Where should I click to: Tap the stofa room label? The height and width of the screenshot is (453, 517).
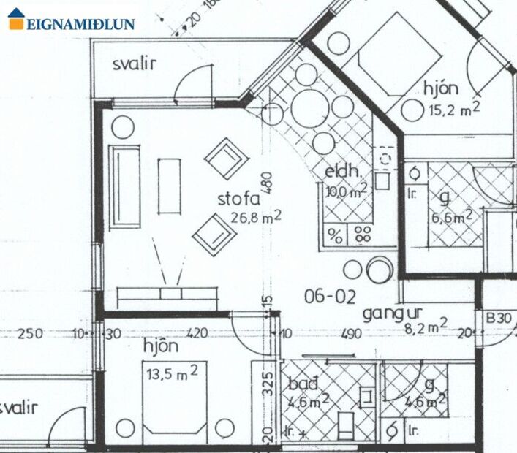(x=239, y=198)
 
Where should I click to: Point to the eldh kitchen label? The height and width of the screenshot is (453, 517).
(x=343, y=172)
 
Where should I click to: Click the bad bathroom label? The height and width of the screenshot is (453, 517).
(x=303, y=384)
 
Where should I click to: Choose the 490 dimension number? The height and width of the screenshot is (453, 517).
(x=351, y=334)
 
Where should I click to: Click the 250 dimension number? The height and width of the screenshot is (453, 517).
(x=30, y=334)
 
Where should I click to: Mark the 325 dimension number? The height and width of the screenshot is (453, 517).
(x=267, y=382)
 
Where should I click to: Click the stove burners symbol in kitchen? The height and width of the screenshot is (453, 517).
(x=362, y=235)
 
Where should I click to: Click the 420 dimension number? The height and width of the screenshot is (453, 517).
(x=197, y=334)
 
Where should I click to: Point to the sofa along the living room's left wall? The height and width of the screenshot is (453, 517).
(x=125, y=186)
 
